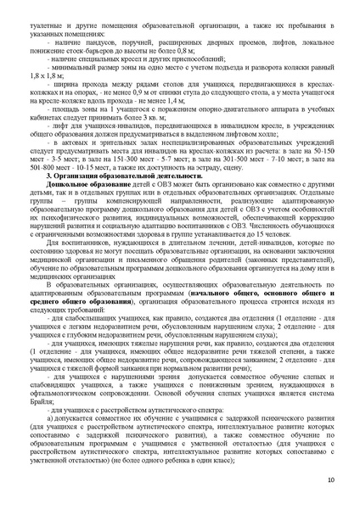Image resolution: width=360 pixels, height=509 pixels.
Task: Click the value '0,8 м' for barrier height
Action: pyautogui.click(x=200, y=50)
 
